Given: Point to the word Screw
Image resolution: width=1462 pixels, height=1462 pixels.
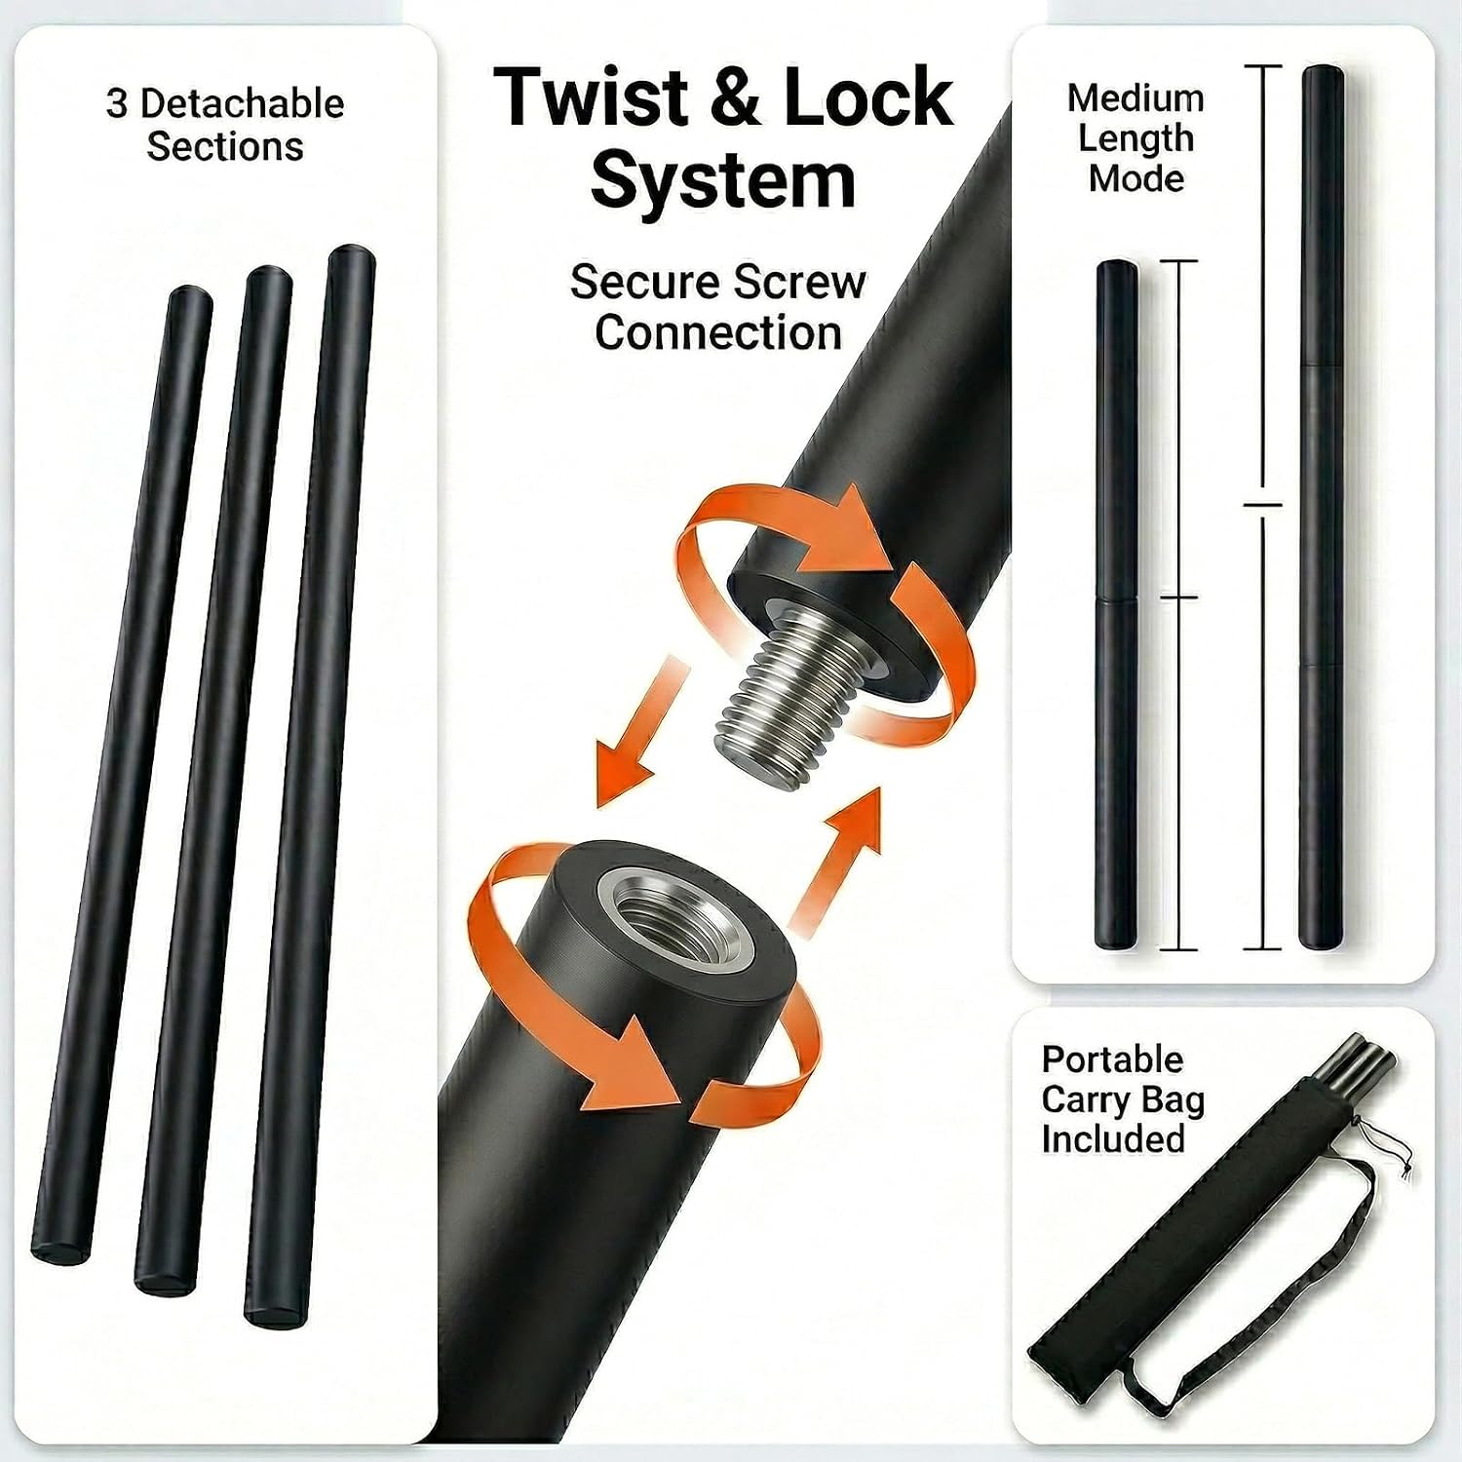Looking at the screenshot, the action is [x=799, y=283].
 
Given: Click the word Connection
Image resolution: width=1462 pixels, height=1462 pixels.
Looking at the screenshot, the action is [x=718, y=332].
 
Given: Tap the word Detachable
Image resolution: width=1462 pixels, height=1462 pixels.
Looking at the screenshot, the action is [x=249, y=103].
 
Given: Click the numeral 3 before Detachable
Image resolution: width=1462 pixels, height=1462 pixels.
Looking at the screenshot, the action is [x=117, y=103].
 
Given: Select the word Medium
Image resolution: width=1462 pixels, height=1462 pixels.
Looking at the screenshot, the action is [x=1135, y=98].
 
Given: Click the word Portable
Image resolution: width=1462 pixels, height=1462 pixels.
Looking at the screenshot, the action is [x=1112, y=1058].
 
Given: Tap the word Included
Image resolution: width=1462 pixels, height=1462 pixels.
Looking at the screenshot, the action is [x=1112, y=1138].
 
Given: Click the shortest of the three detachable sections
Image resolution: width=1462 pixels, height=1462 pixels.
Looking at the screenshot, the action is [x=122, y=775].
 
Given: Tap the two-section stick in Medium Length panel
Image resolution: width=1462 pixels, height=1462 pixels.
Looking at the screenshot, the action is [x=1117, y=604].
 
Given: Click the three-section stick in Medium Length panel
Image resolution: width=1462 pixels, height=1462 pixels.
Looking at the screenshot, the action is [x=1322, y=507].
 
